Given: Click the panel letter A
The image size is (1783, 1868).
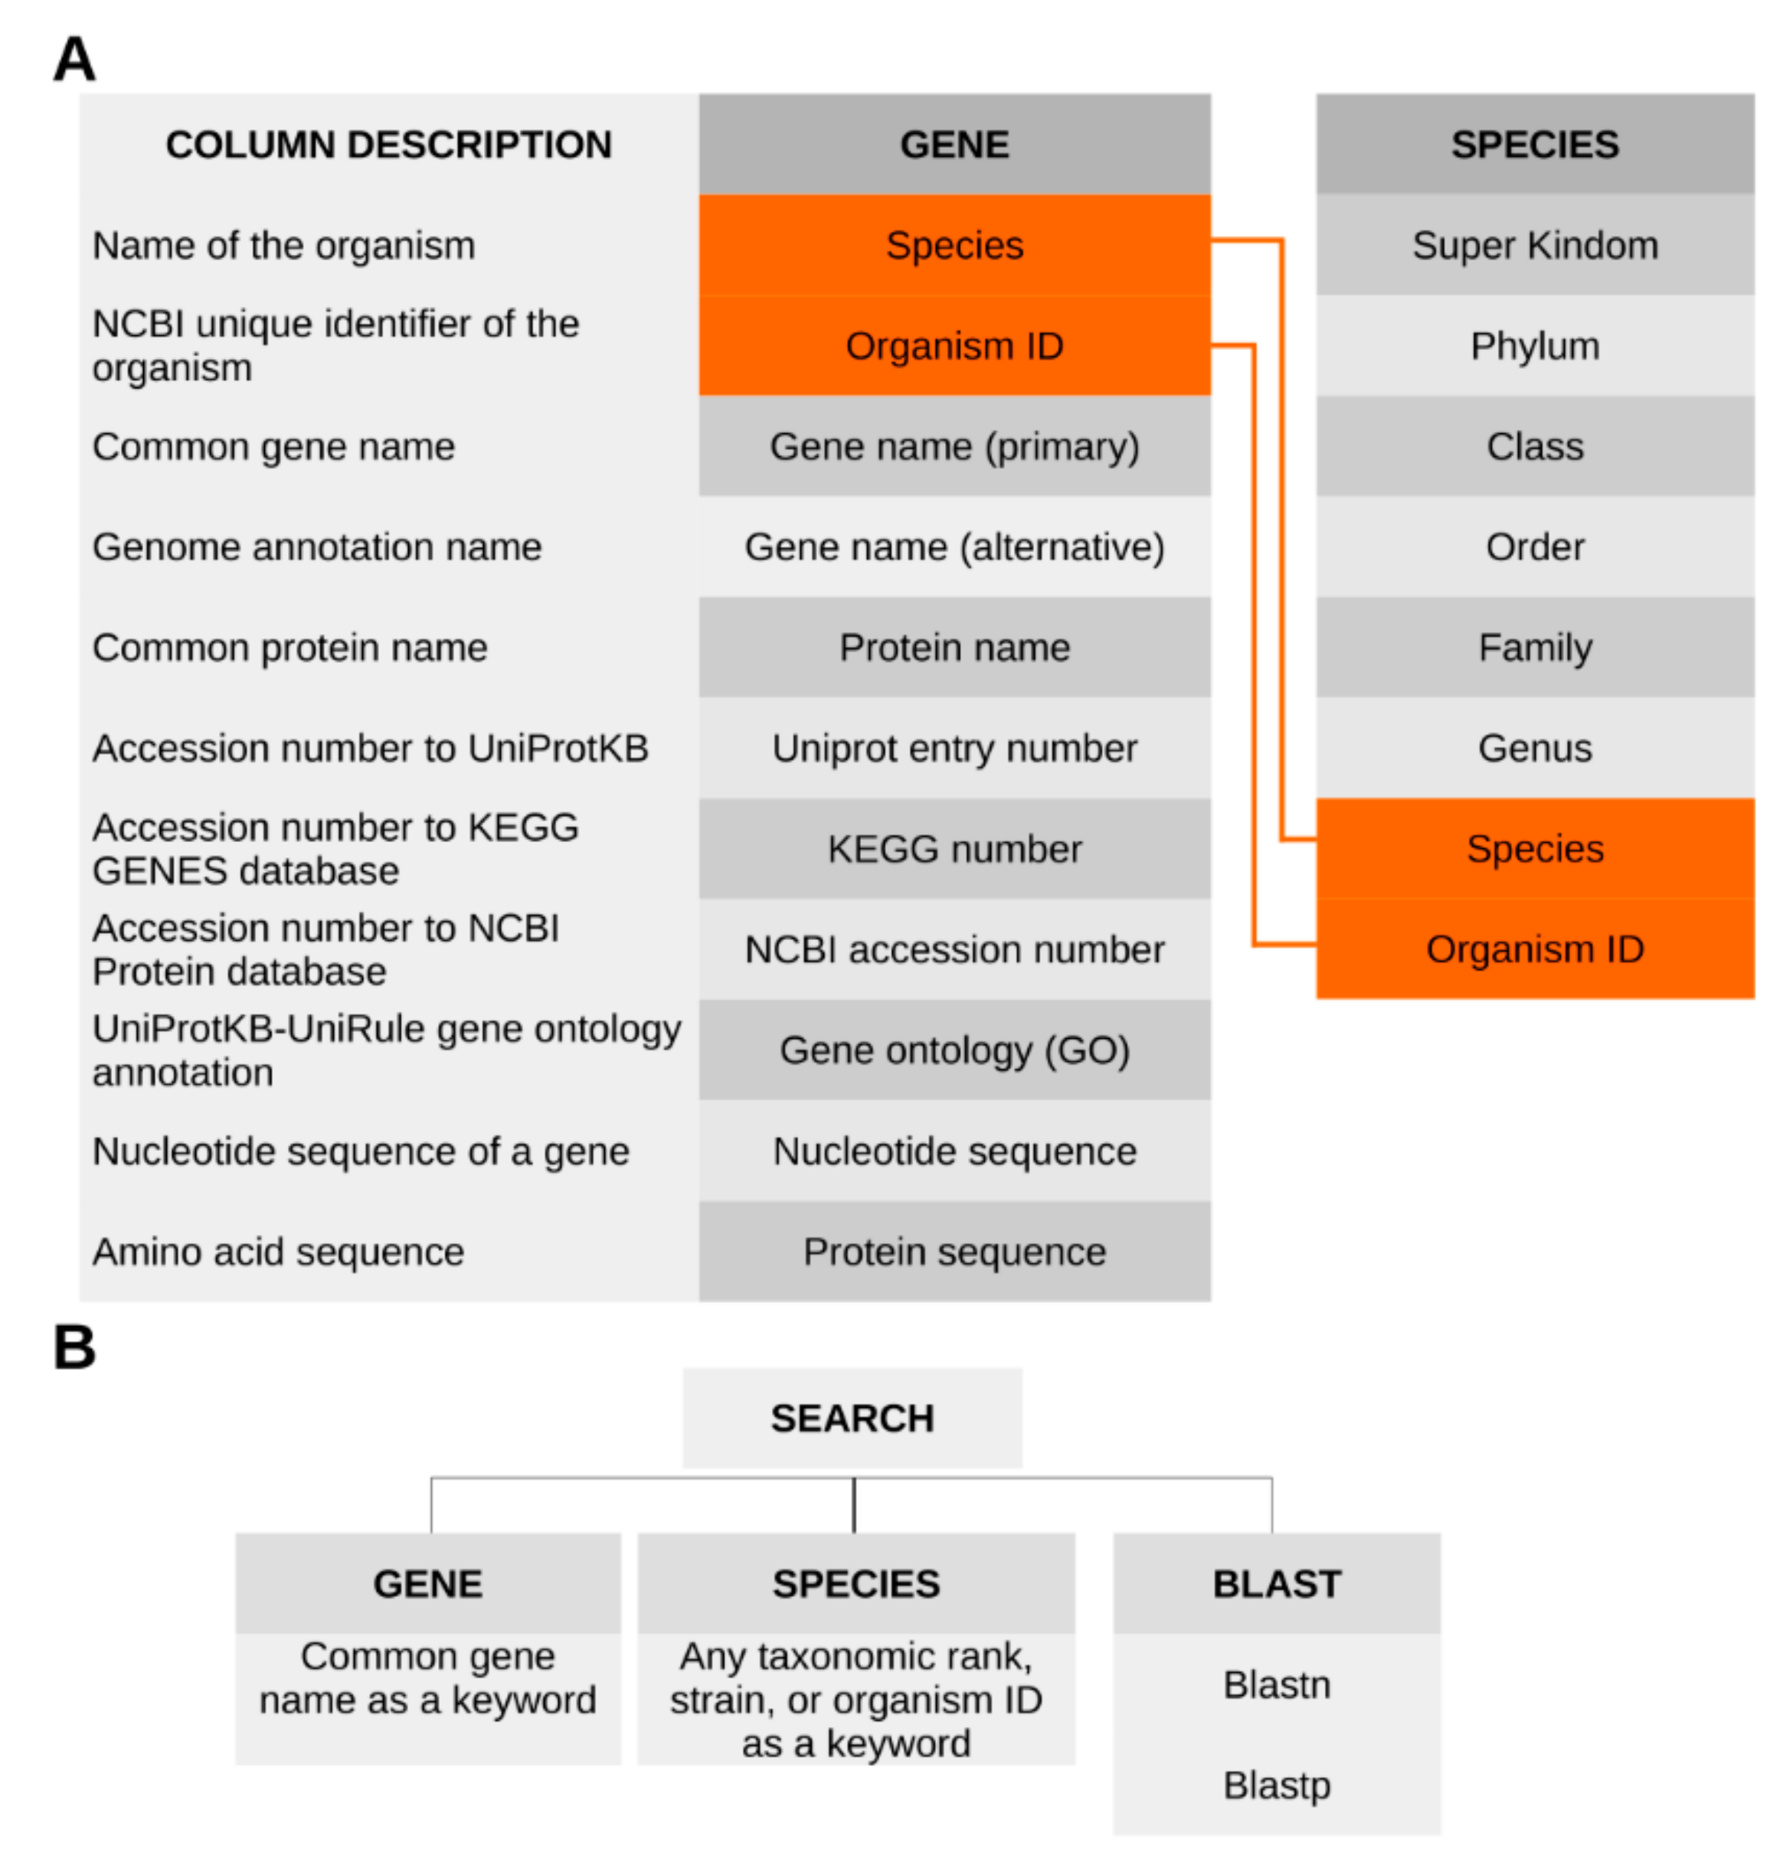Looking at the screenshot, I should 74,59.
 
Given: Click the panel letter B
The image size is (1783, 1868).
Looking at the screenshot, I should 74,1347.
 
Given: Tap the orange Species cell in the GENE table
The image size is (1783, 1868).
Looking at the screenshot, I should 954,245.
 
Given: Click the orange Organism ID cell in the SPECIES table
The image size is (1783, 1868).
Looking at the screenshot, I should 1534,949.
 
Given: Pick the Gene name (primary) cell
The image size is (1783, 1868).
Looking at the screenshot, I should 954,446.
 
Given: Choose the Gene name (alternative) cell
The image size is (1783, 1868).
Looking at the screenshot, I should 954,547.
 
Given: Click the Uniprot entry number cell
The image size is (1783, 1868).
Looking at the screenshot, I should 954,749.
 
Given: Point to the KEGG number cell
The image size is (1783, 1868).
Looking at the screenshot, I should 954,848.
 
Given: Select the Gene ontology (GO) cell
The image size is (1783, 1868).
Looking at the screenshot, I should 954,1050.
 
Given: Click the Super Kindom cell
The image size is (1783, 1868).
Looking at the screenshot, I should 1534,245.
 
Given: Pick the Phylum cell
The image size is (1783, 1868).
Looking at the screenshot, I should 1534,346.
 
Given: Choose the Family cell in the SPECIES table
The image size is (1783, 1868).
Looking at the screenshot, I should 1534,648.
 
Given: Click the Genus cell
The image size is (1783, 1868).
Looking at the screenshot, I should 1534,749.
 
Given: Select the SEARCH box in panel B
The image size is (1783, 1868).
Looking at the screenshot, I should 852,1418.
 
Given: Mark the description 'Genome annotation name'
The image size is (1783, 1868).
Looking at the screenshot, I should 316,547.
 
